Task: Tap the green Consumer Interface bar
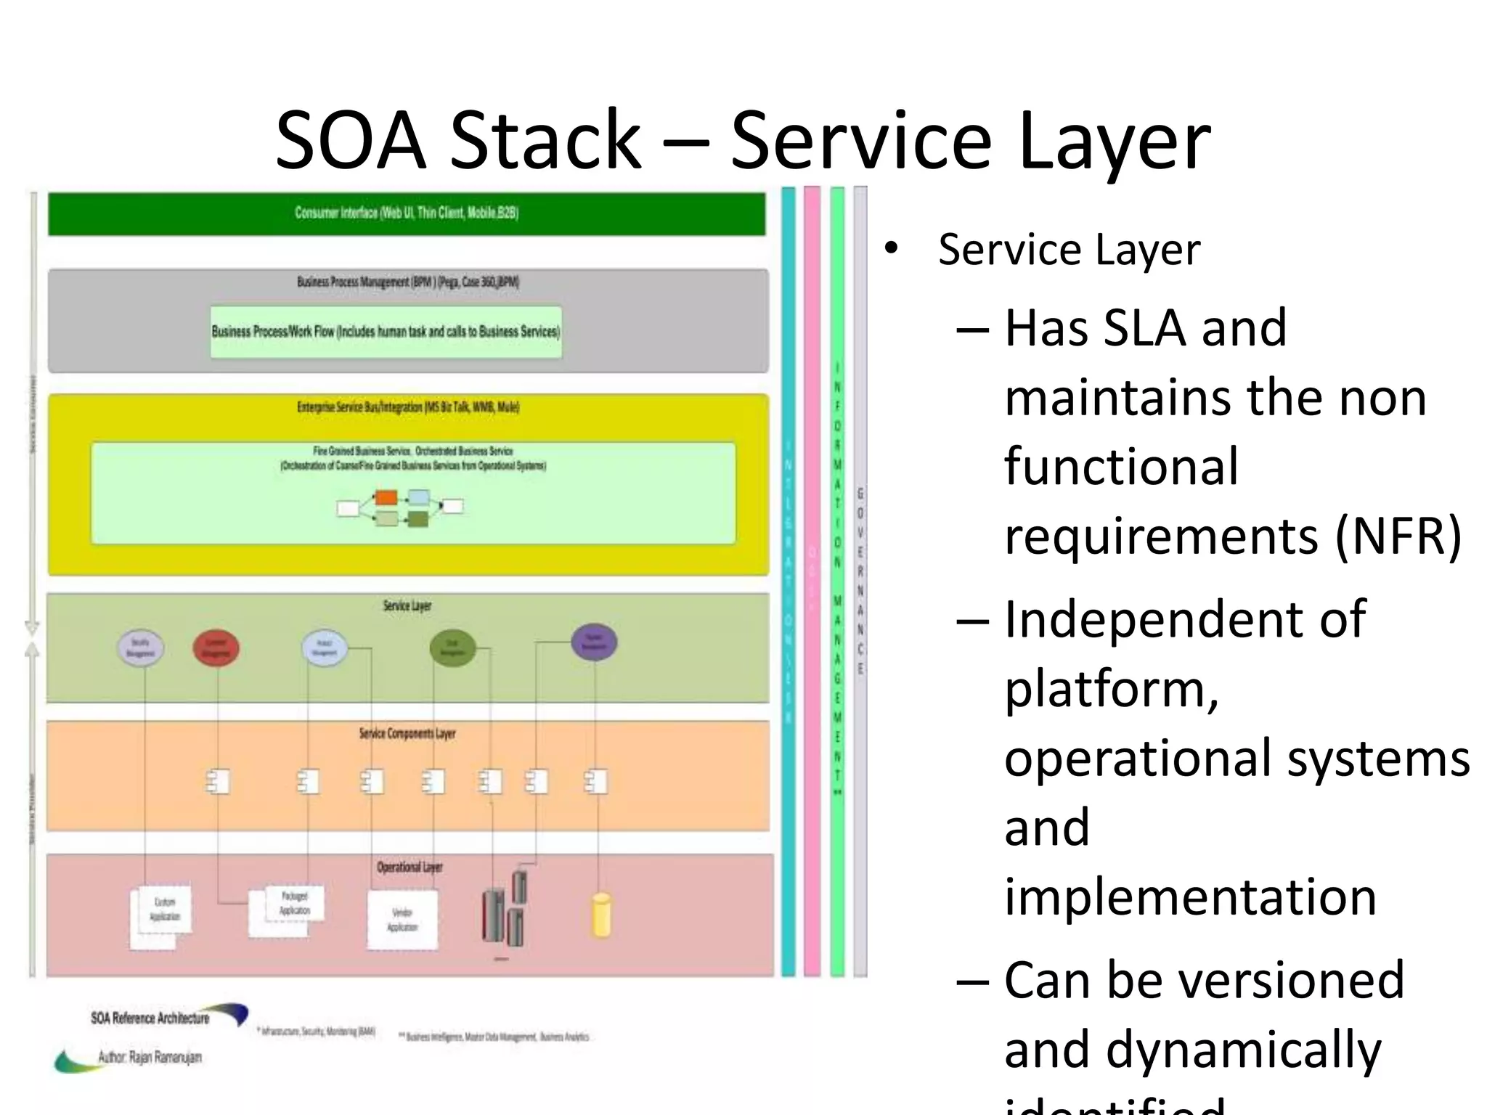tap(407, 213)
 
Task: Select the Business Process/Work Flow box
tap(386, 332)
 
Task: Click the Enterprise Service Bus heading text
tap(407, 407)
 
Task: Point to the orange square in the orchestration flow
tap(386, 498)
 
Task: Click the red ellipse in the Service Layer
tap(216, 648)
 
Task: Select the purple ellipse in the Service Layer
tap(594, 642)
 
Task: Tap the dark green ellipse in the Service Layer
tap(452, 648)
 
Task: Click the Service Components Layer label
tap(407, 734)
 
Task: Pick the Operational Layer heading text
tap(410, 867)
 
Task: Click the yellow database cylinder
tap(601, 915)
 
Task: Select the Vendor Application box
tap(402, 920)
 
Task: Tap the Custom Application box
tap(164, 910)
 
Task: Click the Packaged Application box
tap(294, 904)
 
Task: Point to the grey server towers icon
tap(505, 911)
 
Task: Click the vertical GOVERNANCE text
tap(860, 581)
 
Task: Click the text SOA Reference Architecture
tap(150, 1018)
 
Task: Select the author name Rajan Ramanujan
tap(150, 1057)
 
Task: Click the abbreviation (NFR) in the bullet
tap(1397, 536)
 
